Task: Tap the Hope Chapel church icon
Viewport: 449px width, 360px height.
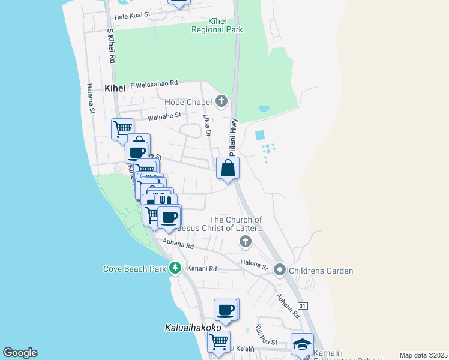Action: (x=221, y=101)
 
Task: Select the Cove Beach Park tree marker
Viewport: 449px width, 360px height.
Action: (x=175, y=268)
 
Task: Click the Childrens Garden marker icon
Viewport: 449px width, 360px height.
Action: (x=280, y=271)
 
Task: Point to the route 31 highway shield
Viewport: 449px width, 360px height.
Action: (x=303, y=306)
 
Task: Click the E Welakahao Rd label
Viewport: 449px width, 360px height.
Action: (x=146, y=83)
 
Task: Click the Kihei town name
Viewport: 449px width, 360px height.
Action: (x=115, y=88)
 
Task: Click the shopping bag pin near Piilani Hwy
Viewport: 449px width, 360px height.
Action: (x=228, y=168)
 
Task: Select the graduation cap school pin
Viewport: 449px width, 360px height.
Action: (x=302, y=344)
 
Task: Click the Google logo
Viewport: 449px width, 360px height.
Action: (x=20, y=353)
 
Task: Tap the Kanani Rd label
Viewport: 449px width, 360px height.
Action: (x=202, y=268)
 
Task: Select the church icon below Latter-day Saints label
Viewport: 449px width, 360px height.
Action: (x=244, y=242)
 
